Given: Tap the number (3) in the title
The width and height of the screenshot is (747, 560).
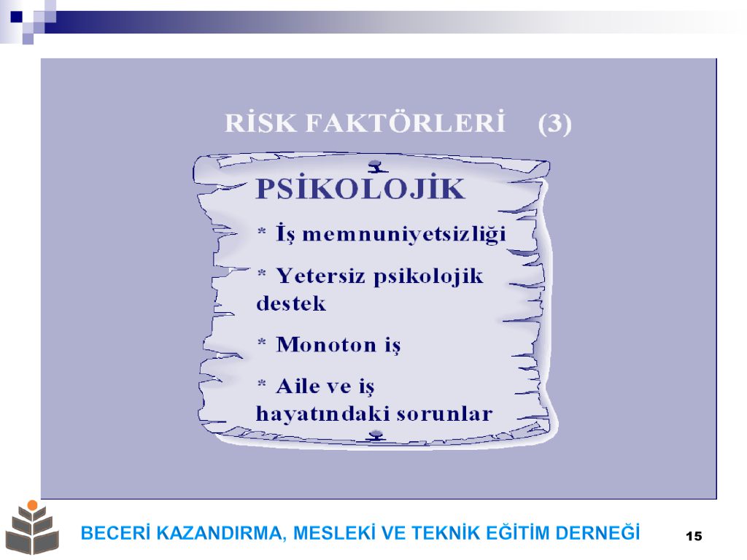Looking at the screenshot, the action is (554, 124).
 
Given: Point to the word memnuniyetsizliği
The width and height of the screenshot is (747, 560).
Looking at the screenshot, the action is (404, 234).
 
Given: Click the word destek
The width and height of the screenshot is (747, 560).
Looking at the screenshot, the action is (291, 303).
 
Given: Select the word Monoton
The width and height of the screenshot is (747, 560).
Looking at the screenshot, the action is (326, 344).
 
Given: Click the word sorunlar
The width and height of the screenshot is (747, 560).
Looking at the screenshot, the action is (444, 414).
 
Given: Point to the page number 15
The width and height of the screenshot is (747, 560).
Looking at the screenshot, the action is (694, 536).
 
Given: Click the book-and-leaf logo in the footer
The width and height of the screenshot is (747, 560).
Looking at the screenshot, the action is (32, 528).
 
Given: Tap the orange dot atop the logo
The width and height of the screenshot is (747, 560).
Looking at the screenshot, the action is (32, 505).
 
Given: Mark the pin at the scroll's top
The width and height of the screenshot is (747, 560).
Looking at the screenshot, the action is (378, 166).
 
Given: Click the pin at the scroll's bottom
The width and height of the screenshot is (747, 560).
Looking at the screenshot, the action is (376, 435).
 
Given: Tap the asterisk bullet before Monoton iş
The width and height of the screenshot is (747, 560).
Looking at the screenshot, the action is (262, 342).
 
